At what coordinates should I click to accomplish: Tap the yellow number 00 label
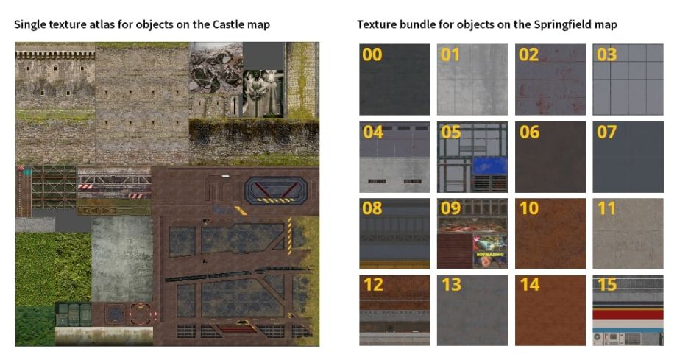click(x=372, y=55)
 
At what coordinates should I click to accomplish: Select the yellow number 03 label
click(x=606, y=55)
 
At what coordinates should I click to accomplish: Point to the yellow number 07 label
click(x=606, y=133)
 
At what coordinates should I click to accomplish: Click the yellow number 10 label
click(x=529, y=209)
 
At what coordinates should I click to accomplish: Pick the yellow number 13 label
click(x=451, y=285)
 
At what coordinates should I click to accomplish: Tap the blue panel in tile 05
click(x=489, y=166)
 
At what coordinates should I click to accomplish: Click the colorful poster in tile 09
click(x=491, y=251)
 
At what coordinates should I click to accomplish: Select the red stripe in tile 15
click(x=628, y=314)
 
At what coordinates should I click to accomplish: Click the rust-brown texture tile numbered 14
click(x=550, y=310)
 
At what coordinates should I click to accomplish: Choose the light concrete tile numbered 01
click(x=472, y=79)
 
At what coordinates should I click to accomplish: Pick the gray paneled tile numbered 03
click(x=628, y=79)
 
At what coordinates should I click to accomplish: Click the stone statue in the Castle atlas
click(x=263, y=93)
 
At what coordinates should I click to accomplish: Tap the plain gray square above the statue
click(x=263, y=56)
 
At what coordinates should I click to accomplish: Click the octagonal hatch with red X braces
click(x=276, y=190)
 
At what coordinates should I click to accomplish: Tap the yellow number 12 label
click(x=374, y=285)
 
